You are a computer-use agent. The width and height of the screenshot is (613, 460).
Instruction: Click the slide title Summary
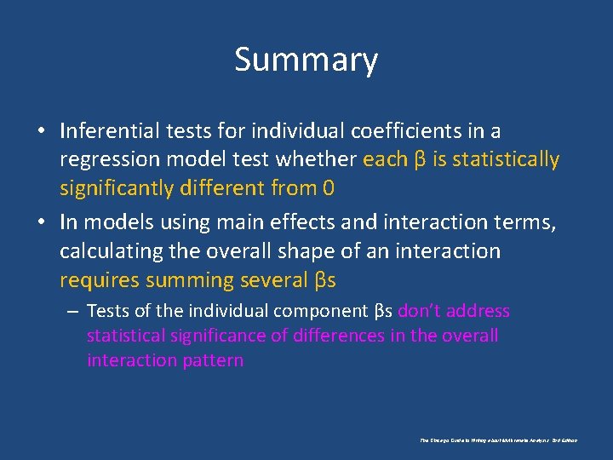click(306, 60)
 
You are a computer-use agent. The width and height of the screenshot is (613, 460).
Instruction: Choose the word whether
click(317, 159)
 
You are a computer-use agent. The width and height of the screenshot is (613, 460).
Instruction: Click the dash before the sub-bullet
click(72, 312)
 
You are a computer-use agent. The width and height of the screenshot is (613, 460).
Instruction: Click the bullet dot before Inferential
click(41, 131)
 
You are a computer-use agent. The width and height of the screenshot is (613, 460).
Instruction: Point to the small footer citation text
click(498, 440)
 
